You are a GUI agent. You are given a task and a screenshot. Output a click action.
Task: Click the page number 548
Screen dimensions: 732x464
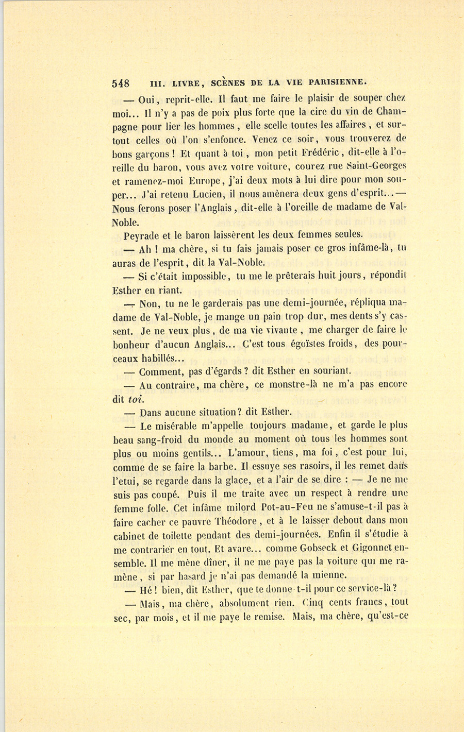120,82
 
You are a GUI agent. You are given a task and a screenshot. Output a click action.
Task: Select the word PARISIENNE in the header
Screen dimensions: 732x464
338,82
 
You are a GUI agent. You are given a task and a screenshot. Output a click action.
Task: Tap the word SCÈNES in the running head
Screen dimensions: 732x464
229,82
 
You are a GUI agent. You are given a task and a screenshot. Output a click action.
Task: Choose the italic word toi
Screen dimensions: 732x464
133,398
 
